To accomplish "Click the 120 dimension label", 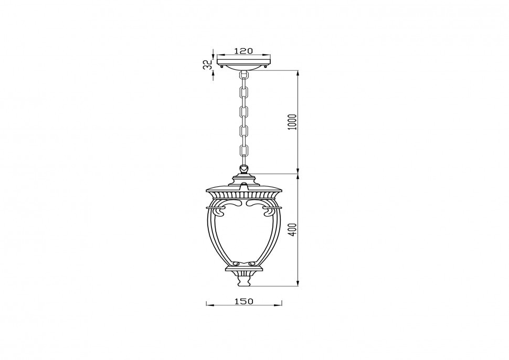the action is coord(243,51).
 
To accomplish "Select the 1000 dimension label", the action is coord(293,122).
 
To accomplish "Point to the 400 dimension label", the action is coord(293,229).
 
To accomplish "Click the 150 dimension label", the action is coord(244,301).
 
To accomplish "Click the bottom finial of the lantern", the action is coord(244,281).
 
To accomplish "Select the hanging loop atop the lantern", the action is coord(244,170).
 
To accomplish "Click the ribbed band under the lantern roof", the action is coord(244,195).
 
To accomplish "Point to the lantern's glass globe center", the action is coord(244,234).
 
